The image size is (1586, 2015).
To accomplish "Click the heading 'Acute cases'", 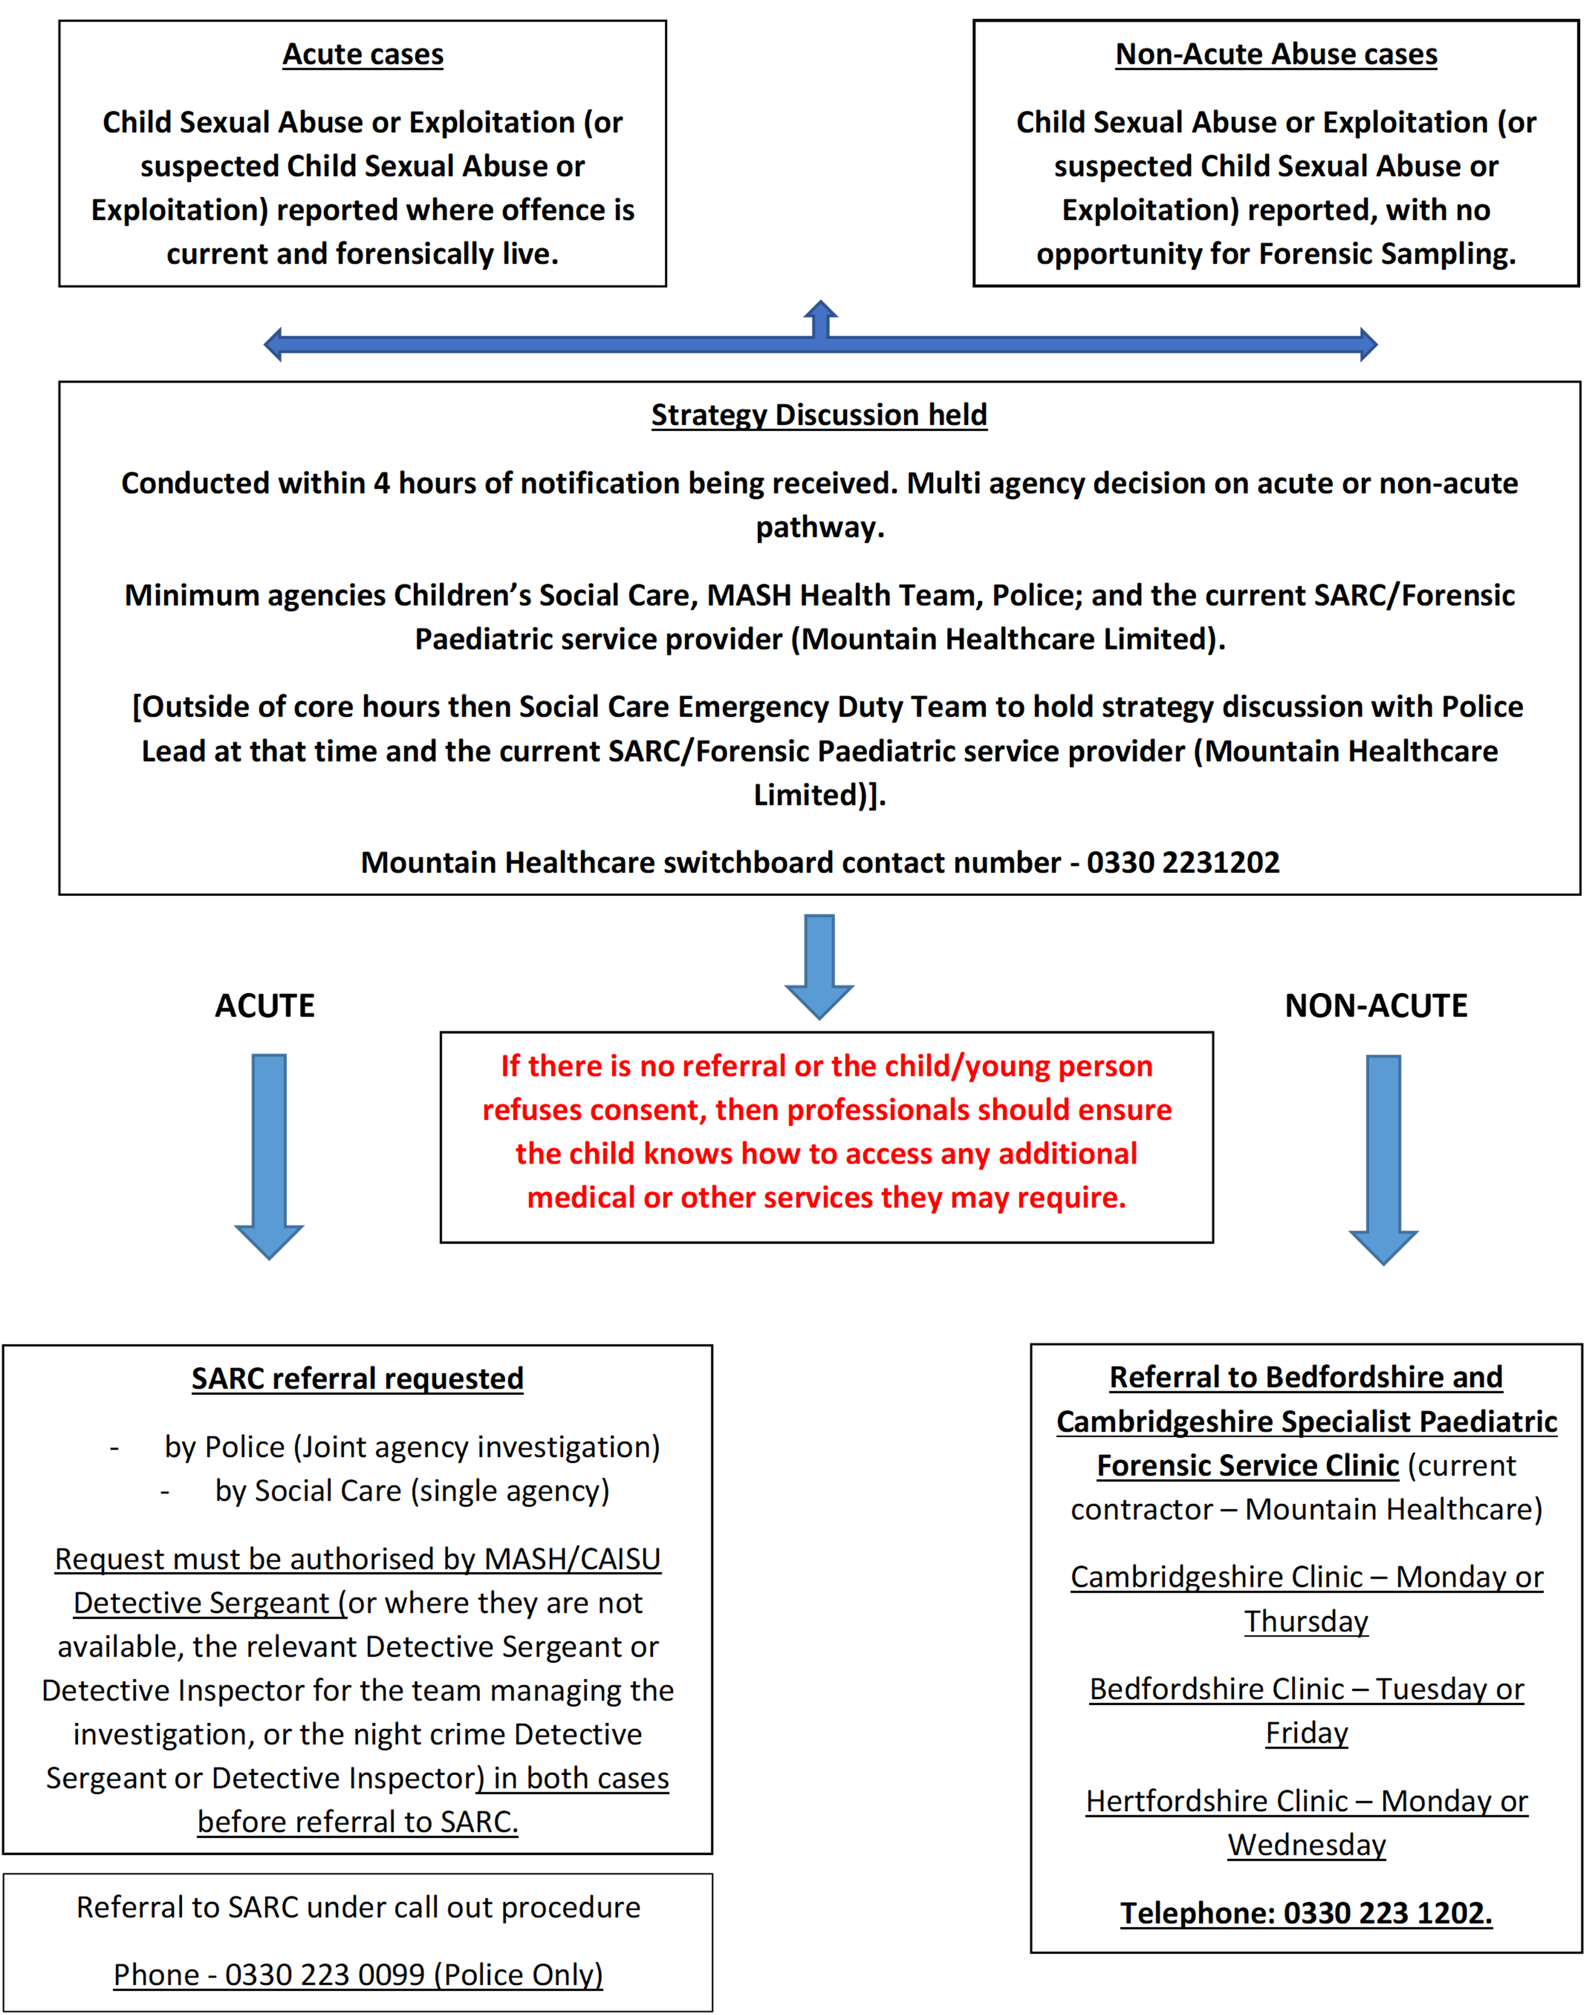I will point(363,55).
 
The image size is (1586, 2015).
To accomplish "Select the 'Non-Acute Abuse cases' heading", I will point(1276,55).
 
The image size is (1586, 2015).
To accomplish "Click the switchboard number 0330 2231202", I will point(1183,862).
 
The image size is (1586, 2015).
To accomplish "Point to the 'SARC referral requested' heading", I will point(358,1378).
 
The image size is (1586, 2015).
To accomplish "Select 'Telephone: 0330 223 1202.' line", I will point(1306,1913).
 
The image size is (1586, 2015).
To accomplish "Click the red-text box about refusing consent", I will point(826,1132).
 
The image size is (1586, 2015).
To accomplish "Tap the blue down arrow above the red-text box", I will point(819,965).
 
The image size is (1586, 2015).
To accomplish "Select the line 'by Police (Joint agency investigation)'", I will point(412,1447).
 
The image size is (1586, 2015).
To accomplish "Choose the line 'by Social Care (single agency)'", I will point(412,1491).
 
